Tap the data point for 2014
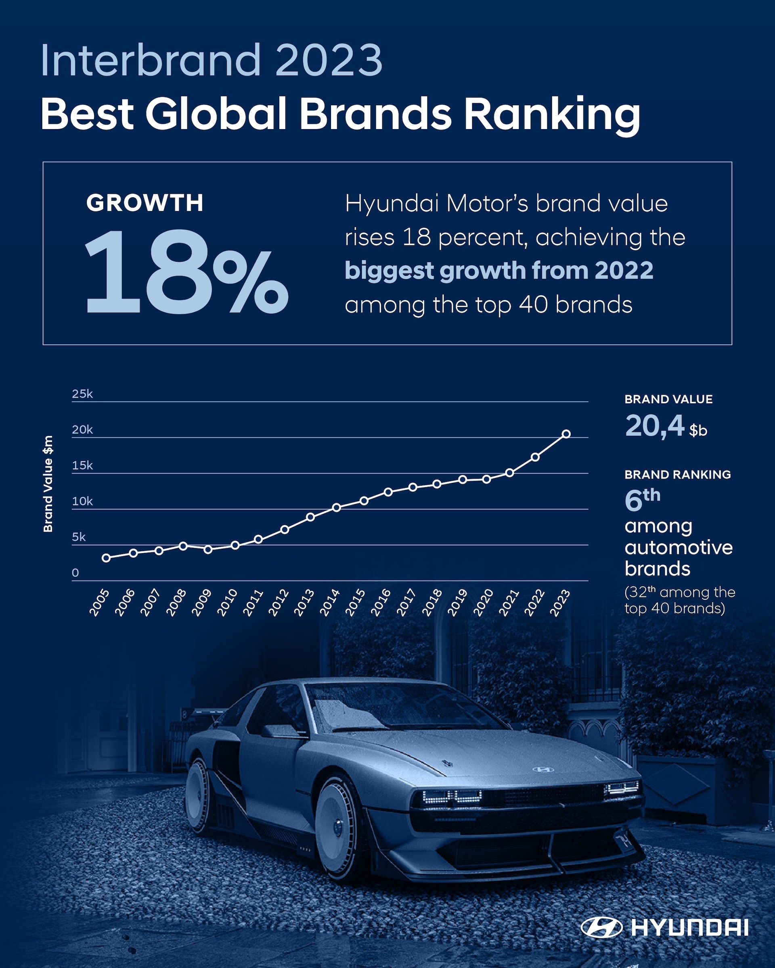coord(336,507)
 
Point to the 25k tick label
coord(82,394)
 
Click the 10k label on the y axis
coord(82,501)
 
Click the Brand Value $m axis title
coord(48,484)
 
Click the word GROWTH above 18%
coord(145,203)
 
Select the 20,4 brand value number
coord(654,426)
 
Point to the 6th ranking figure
coord(641,500)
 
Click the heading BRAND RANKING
coord(677,474)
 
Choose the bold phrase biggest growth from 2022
coord(499,271)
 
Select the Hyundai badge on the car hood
coord(543,769)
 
